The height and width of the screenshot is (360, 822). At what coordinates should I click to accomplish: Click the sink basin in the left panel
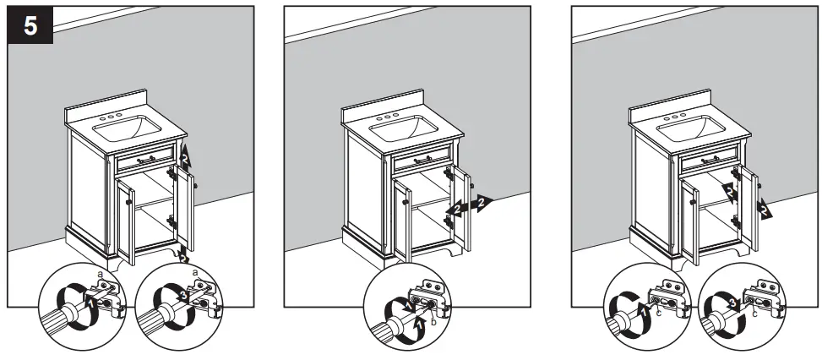click(127, 129)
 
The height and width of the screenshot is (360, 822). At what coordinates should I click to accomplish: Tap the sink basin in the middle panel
click(404, 128)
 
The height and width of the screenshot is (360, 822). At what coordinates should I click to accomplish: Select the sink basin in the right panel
click(691, 129)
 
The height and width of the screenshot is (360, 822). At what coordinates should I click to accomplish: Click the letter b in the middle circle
click(433, 319)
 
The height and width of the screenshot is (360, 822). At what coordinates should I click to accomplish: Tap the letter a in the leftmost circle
click(101, 275)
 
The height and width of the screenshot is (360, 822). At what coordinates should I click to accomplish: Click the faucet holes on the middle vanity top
click(389, 116)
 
